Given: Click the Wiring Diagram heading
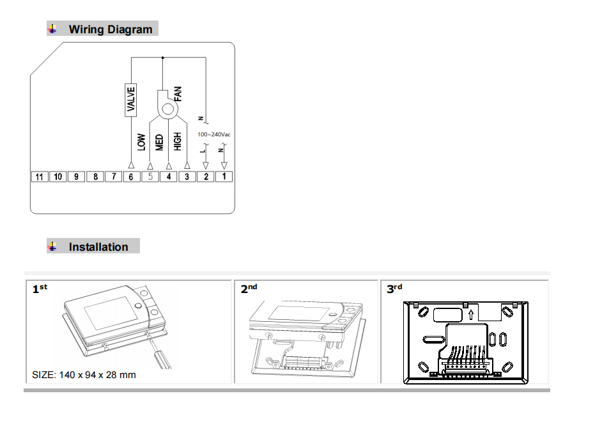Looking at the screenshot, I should pyautogui.click(x=111, y=29).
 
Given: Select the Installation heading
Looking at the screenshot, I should pyautogui.click(x=98, y=247).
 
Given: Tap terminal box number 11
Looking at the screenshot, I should pyautogui.click(x=40, y=177).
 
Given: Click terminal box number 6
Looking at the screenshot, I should pyautogui.click(x=131, y=177).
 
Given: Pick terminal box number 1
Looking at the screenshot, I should pyautogui.click(x=224, y=177).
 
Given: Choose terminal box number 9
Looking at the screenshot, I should pyautogui.click(x=76, y=177).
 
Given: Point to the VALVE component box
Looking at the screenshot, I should pyautogui.click(x=131, y=99).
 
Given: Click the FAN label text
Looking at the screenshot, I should pyautogui.click(x=178, y=95).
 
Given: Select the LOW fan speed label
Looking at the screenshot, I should pyautogui.click(x=142, y=141).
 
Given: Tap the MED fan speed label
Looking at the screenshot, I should pyautogui.click(x=160, y=141).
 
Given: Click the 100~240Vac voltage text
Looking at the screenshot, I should pyautogui.click(x=214, y=135).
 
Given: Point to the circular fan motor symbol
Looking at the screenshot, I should pyautogui.click(x=167, y=109).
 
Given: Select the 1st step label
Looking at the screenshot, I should pyautogui.click(x=40, y=289).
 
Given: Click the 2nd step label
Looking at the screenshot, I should pyautogui.click(x=249, y=289).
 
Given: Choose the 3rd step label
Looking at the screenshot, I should pyautogui.click(x=394, y=289).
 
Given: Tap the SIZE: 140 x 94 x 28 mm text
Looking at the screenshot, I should pyautogui.click(x=84, y=374).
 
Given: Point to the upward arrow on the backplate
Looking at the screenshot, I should pyautogui.click(x=471, y=314).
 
